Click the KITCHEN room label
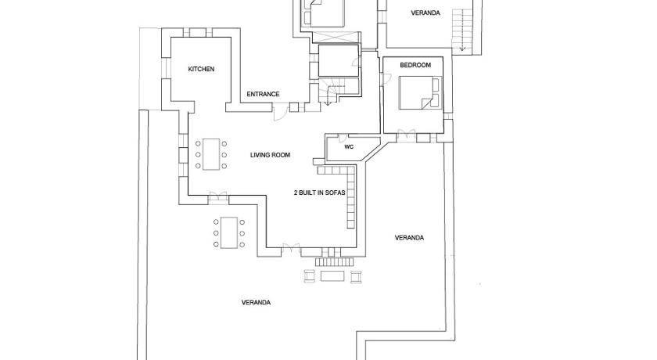[201, 69]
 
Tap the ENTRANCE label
[263, 94]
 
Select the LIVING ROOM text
[271, 155]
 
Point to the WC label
[349, 146]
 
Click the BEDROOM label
[415, 65]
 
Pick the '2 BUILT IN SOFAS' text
[320, 193]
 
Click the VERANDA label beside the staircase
[425, 13]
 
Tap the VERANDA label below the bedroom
[409, 238]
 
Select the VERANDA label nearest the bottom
[256, 302]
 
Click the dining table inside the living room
[211, 154]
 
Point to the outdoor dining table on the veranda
[229, 232]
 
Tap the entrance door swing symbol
[279, 113]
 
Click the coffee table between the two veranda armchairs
[332, 276]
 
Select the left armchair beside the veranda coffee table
[309, 276]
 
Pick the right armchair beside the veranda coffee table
[356, 276]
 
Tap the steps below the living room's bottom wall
[335, 262]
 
